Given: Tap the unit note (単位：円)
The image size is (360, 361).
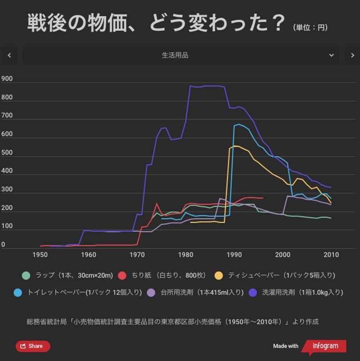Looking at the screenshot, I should click(310, 28).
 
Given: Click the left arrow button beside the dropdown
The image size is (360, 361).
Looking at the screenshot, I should click(9, 55).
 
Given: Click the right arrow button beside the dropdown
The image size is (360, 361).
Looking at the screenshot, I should click(352, 55).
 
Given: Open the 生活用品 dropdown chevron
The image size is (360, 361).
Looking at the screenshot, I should click(332, 55).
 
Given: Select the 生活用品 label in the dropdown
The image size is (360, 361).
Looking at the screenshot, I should click(175, 55).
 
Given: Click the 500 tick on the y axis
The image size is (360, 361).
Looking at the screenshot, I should click(7, 153).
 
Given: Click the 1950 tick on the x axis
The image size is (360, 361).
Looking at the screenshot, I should click(40, 255).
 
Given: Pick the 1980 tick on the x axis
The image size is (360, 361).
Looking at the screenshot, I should click(185, 255).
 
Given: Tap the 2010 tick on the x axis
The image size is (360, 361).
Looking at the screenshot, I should click(331, 255).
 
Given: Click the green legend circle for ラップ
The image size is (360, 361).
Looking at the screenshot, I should click(26, 275).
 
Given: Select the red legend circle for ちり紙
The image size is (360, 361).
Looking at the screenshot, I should click(122, 275).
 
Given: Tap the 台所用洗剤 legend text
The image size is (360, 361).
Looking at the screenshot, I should click(202, 292).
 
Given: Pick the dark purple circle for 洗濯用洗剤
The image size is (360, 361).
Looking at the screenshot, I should click(253, 292).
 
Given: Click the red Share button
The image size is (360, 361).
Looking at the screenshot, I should click(33, 346).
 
